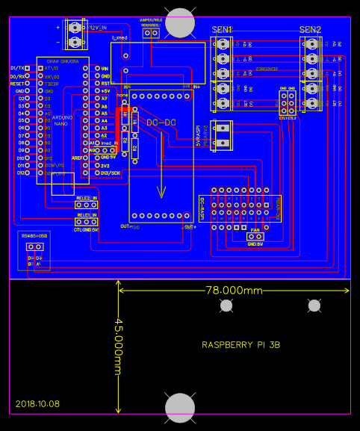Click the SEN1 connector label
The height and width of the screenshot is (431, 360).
222,29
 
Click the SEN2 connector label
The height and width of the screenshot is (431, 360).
310,29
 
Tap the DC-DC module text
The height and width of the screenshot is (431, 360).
161,122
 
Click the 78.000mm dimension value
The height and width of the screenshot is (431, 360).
235,290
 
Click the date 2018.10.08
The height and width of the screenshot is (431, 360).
37,403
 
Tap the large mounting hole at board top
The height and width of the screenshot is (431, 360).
180,22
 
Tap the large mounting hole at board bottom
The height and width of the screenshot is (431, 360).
180,408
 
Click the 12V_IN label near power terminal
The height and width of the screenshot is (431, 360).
99,27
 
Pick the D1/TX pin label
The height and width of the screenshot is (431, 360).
16,68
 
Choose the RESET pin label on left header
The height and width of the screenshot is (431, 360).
18,84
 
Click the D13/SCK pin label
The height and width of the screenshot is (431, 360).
110,173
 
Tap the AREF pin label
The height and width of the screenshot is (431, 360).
77,158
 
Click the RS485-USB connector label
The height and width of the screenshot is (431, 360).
34,236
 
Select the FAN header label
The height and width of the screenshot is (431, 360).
255,230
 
